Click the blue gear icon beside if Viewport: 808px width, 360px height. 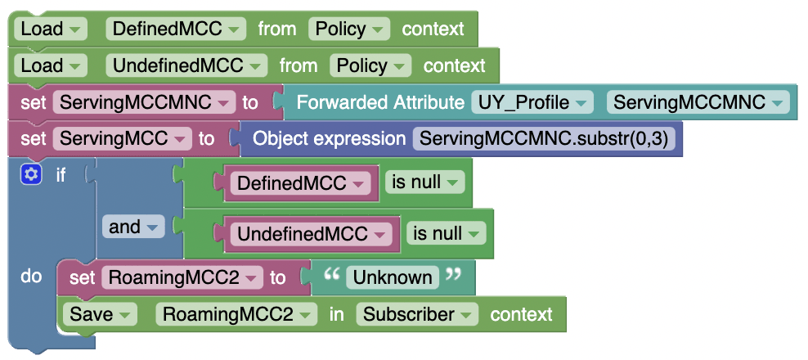click(31, 174)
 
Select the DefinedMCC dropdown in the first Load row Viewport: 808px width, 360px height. click(176, 29)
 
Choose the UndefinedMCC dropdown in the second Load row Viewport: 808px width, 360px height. click(186, 65)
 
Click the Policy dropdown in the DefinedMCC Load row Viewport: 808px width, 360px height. click(348, 29)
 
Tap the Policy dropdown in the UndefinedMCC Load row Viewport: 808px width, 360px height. click(370, 65)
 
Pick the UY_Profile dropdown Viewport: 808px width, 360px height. click(532, 102)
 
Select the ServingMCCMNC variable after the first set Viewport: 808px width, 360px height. click(144, 102)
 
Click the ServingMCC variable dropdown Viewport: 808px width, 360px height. click(123, 138)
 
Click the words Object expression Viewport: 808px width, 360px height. click(329, 138)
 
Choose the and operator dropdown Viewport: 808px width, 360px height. click(132, 227)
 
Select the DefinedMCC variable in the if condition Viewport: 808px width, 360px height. click(300, 182)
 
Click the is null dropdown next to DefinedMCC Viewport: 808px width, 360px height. click(424, 182)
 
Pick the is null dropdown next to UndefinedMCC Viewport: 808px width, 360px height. click(447, 233)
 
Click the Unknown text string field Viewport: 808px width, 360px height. click(393, 277)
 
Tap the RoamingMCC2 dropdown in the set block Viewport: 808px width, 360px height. click(182, 277)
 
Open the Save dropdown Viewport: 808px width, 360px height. click(99, 314)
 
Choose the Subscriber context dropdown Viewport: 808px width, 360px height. click(417, 314)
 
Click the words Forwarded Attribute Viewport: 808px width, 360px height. click(379, 102)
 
